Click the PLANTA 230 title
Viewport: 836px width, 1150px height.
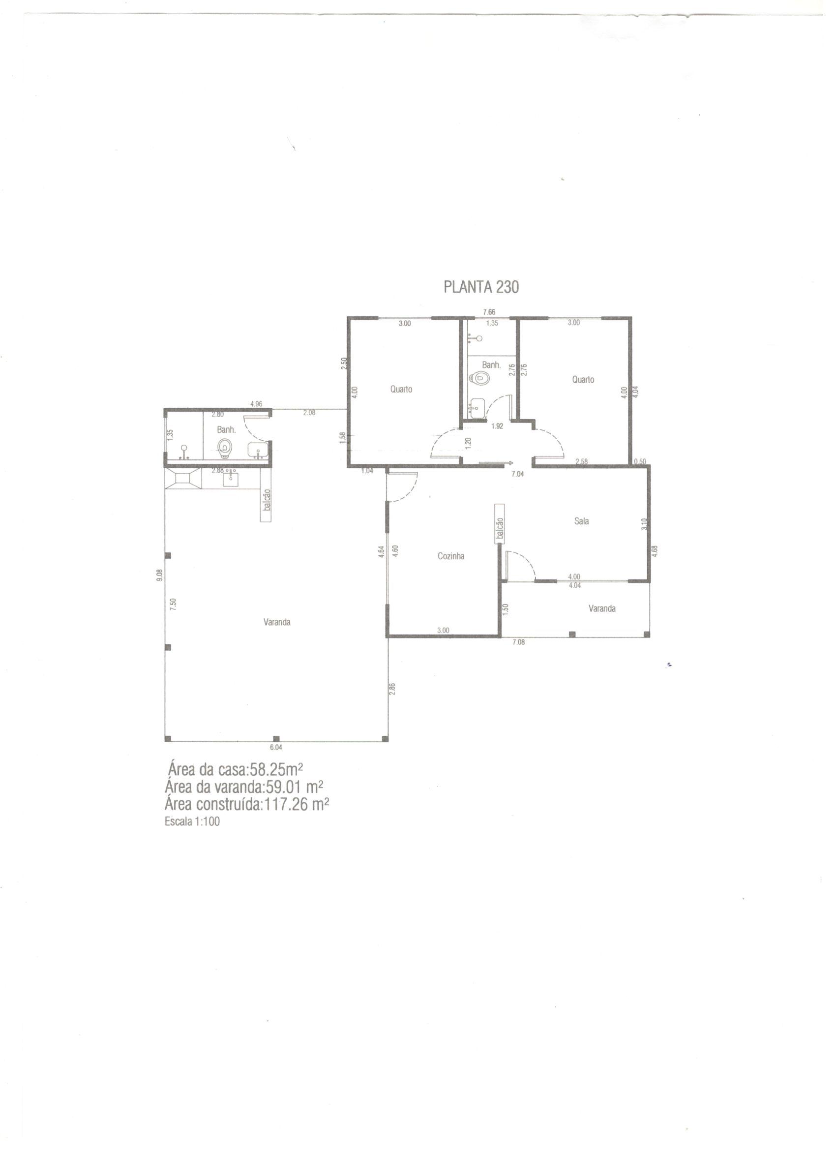[x=481, y=287]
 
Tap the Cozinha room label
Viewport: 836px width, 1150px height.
[x=450, y=556]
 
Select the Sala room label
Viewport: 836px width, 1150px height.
[x=581, y=521]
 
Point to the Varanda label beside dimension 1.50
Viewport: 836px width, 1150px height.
[x=602, y=608]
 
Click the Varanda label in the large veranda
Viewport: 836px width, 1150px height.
[x=277, y=622]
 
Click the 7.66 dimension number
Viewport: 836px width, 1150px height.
[x=489, y=312]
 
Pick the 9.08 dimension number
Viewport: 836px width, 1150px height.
[x=160, y=575]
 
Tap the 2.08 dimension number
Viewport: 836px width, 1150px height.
[x=309, y=413]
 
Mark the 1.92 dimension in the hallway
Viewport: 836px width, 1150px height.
[x=497, y=426]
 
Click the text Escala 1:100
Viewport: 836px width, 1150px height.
[x=192, y=822]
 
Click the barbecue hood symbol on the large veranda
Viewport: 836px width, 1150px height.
[x=183, y=479]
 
